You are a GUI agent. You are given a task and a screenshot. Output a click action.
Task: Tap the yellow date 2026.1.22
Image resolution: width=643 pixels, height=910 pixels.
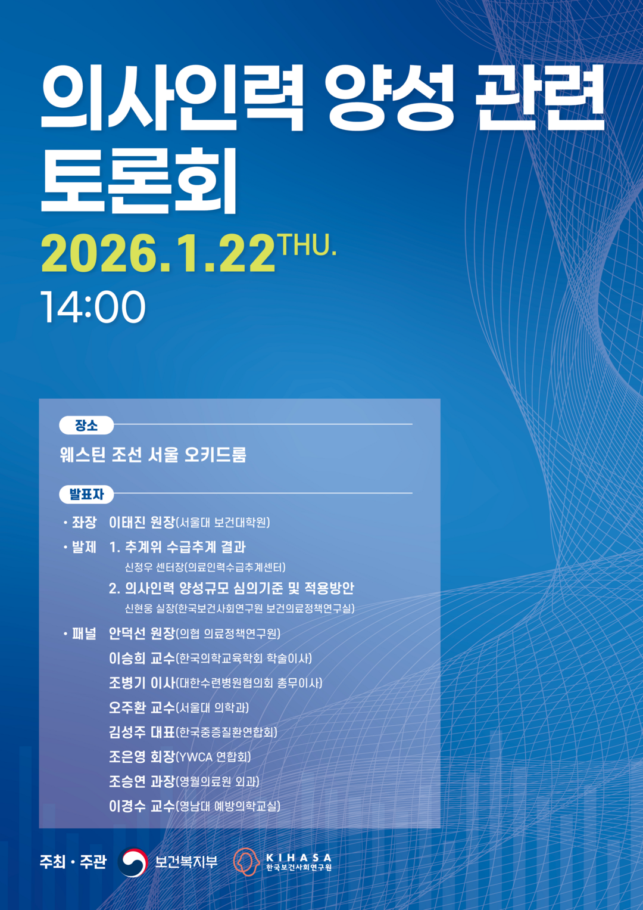click(158, 253)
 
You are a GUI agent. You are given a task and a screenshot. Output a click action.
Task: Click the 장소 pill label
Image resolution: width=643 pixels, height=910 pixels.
click(86, 426)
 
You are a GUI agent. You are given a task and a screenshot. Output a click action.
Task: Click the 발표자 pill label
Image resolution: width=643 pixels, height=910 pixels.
click(86, 495)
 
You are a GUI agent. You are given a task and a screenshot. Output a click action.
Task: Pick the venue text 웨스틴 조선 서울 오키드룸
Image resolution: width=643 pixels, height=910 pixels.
click(153, 455)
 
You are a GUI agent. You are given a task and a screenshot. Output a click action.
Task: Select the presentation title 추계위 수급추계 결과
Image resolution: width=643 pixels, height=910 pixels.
click(186, 547)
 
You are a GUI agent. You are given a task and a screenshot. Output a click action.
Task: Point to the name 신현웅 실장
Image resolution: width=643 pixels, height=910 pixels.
click(149, 608)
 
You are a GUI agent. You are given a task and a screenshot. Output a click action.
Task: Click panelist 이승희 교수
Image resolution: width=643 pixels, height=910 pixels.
click(142, 658)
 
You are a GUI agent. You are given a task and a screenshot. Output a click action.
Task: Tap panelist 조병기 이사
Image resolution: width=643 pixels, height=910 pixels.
click(142, 683)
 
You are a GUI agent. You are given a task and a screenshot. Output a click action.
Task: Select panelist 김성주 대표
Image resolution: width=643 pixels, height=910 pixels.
click(142, 732)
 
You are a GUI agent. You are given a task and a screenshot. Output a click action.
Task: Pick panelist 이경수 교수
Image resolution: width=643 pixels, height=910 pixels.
click(142, 806)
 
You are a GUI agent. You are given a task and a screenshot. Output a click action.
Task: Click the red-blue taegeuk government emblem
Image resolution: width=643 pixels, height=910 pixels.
click(132, 862)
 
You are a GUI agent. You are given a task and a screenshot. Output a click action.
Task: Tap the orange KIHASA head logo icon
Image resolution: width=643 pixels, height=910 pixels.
click(246, 862)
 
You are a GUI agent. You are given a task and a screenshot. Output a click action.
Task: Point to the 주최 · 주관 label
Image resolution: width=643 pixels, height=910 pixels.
click(73, 862)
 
